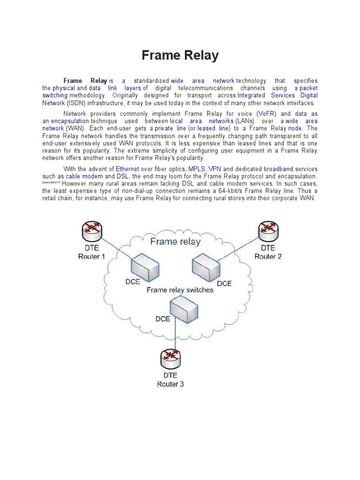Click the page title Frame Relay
click(x=180, y=56)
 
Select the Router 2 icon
click(x=268, y=230)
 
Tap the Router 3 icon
click(x=170, y=359)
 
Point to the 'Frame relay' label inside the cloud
click(x=175, y=242)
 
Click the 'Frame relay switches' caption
click(x=180, y=290)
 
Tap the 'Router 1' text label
click(x=91, y=256)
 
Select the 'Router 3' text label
click(x=170, y=384)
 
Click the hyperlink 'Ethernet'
click(x=127, y=169)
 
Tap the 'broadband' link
click(x=278, y=169)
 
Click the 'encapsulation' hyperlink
click(x=69, y=121)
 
